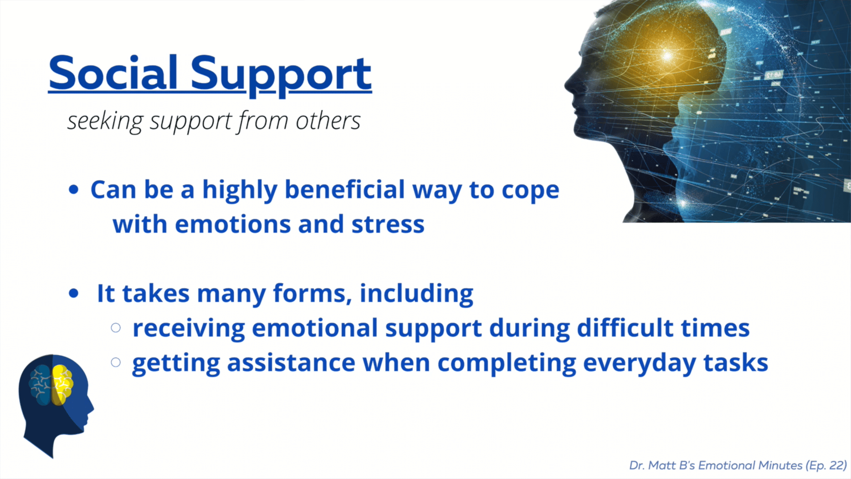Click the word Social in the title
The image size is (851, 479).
click(113, 73)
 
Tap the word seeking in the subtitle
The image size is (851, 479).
click(105, 121)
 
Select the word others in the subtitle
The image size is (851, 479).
click(328, 121)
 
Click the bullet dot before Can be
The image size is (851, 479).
click(74, 190)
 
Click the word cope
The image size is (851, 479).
click(530, 191)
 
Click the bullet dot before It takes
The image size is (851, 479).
click(74, 294)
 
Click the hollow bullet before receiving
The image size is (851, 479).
click(116, 328)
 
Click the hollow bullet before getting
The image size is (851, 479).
click(116, 363)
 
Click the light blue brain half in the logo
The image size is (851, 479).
click(40, 384)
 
